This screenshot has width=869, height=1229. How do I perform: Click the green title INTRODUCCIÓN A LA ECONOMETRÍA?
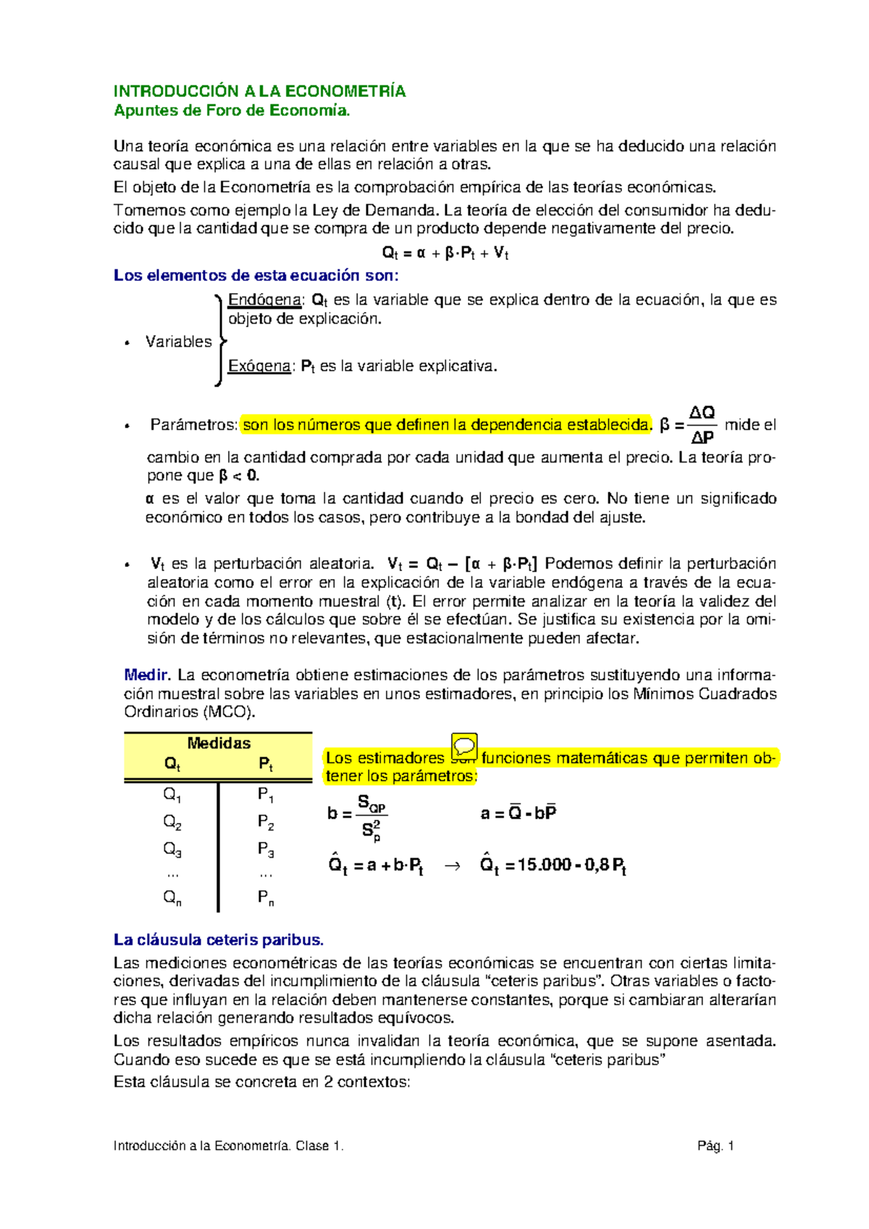(259, 91)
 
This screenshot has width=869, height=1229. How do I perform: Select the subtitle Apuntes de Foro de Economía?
(232, 111)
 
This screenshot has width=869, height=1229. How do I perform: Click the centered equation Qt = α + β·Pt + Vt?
(445, 253)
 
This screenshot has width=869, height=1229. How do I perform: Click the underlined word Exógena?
(259, 366)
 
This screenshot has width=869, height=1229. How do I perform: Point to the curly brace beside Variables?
(219, 340)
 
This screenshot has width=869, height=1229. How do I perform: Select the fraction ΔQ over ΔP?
(702, 425)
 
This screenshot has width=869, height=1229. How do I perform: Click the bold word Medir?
(147, 675)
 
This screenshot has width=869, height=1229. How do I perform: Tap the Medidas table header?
(219, 743)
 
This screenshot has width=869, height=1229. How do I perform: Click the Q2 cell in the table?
(172, 822)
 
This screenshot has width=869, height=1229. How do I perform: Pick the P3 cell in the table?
(265, 849)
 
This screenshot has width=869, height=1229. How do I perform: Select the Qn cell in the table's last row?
(172, 898)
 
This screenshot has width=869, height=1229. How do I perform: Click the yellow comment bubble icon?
(464, 746)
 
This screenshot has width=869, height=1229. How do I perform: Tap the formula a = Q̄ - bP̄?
(519, 813)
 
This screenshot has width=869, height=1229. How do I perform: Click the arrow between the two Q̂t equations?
(451, 865)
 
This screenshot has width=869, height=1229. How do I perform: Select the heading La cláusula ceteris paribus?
(218, 940)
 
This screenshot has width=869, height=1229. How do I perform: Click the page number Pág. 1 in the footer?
(715, 1146)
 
